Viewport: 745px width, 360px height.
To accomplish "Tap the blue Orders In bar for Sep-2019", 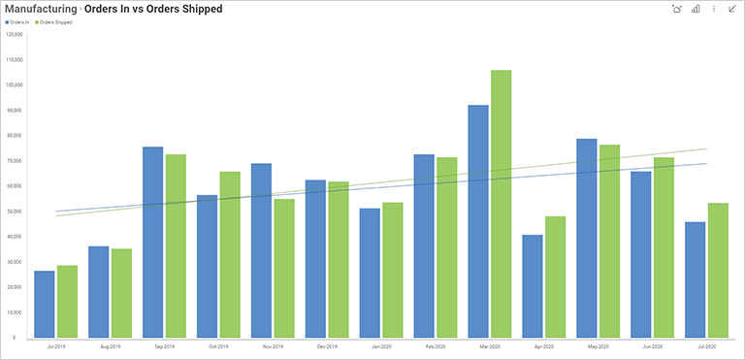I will point(153,243).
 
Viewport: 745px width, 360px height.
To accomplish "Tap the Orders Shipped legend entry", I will point(54,21).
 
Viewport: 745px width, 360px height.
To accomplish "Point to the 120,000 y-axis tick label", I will point(15,34).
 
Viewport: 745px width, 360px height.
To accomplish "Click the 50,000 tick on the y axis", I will point(15,212).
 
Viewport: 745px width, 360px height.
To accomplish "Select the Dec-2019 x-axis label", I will point(326,345).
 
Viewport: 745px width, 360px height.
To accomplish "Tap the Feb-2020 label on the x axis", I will point(435,345).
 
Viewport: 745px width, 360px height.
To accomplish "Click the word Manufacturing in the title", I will point(41,9).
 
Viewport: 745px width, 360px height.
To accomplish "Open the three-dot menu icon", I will point(714,9).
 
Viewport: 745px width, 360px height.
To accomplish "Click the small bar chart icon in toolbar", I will point(696,9).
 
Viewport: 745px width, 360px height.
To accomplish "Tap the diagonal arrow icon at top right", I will point(731,9).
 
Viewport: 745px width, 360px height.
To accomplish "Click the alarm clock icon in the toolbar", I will point(677,9).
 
